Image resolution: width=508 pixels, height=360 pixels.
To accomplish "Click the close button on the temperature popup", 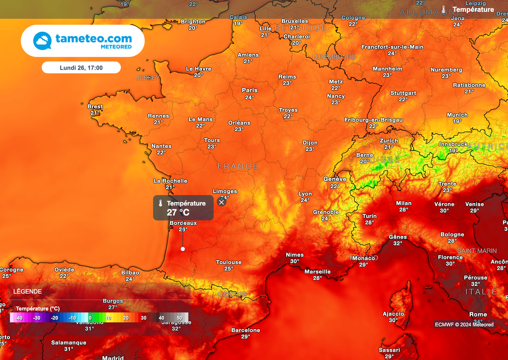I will point(222,202).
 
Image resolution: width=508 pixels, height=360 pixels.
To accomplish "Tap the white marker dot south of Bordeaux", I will point(183,249).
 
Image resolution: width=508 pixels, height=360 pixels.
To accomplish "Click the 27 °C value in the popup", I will point(178,213).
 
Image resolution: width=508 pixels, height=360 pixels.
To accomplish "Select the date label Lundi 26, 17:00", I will point(81,67).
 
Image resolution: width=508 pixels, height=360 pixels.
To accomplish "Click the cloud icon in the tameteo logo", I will point(42,41).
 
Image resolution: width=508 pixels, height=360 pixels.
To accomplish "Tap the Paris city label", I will point(250,90).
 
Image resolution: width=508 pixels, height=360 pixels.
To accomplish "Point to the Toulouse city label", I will point(229,262).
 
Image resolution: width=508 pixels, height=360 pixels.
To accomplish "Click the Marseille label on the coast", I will point(317,272).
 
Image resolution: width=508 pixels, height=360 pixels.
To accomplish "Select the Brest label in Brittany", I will point(95,107).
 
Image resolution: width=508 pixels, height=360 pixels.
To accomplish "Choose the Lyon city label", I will point(305,194).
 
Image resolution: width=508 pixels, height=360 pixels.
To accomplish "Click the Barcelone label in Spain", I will point(246,330).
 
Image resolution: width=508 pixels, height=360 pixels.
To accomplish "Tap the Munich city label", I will point(457,115).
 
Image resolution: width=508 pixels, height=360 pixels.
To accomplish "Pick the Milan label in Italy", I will point(403,203).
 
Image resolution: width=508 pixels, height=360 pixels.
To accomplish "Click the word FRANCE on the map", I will point(238,166).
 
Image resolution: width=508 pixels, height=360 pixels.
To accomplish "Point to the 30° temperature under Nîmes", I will point(295,261).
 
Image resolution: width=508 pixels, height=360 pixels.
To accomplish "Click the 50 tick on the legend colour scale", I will point(179,318).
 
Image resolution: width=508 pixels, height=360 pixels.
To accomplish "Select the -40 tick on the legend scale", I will point(19,318).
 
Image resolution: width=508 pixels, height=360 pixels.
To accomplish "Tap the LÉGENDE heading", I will point(27,291).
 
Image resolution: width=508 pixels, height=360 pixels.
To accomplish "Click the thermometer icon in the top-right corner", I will point(444,9).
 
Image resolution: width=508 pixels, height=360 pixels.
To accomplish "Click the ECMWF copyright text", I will point(464,325).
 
